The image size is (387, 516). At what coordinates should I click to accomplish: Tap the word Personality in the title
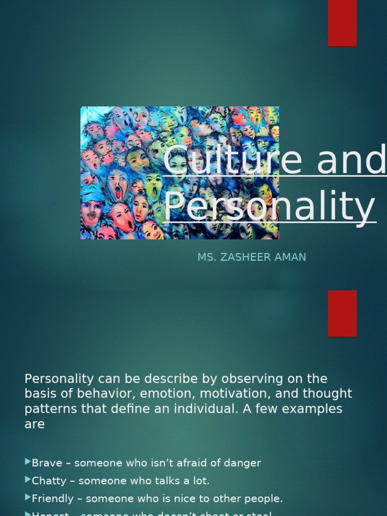click(270, 206)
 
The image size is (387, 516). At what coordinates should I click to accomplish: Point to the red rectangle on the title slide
click(342, 23)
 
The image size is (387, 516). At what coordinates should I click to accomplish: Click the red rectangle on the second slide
click(342, 313)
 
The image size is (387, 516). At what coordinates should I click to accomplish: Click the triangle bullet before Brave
click(28, 462)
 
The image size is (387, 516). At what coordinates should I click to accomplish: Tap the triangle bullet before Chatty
click(28, 480)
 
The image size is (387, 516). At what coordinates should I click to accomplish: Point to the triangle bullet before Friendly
click(28, 498)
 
